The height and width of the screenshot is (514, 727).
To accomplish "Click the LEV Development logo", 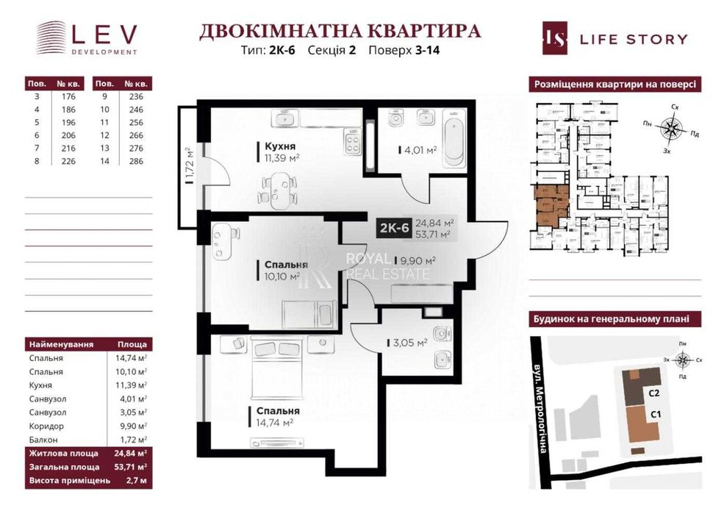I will click(87, 38).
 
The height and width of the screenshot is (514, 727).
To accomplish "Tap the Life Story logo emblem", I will click(555, 39).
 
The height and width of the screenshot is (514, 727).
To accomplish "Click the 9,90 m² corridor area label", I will click(418, 260).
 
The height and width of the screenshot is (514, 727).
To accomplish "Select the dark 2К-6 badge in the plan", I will click(393, 229).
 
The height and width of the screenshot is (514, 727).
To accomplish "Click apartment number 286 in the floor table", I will click(135, 161).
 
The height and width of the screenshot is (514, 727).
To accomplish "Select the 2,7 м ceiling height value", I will click(136, 480).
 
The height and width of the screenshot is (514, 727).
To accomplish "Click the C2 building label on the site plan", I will click(653, 393).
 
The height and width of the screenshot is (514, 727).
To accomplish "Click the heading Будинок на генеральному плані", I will click(615, 319).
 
